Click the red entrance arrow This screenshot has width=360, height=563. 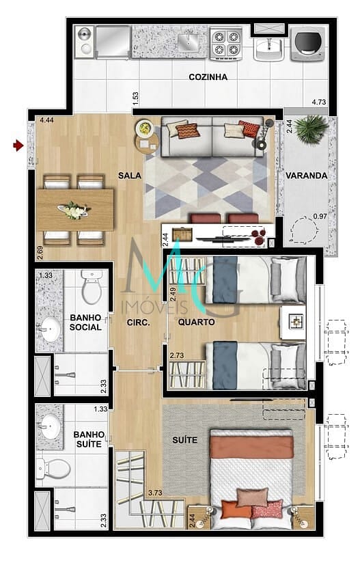[18, 146]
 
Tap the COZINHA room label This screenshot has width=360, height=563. [208, 77]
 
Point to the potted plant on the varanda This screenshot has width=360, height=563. [310, 130]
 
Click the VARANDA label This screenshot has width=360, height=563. [307, 176]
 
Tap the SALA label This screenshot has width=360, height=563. [130, 176]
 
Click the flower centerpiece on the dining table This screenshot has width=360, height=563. [75, 210]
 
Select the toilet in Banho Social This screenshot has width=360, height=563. [92, 286]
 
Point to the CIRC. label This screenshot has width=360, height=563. [138, 322]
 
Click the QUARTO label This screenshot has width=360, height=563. [197, 322]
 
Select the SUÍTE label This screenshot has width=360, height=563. [185, 440]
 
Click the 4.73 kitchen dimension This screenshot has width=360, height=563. [319, 102]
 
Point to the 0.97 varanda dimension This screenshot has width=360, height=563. [320, 216]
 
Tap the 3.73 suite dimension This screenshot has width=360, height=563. [155, 493]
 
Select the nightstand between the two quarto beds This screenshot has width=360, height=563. [293, 322]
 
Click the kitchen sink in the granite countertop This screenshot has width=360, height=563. [187, 40]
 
